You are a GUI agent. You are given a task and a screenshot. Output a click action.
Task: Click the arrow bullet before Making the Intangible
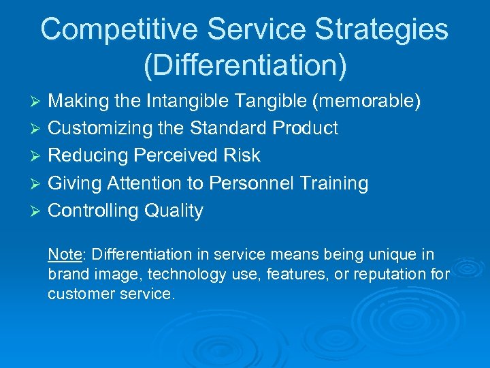point(38,102)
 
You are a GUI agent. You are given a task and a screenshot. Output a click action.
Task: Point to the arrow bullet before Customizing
point(38,129)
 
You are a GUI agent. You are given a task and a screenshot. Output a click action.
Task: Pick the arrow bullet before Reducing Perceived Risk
point(38,157)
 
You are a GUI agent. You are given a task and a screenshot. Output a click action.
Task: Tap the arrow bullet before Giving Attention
point(38,184)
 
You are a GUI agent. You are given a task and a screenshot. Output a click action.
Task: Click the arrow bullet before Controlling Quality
point(38,211)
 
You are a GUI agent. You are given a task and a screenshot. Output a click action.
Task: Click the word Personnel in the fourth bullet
point(252,183)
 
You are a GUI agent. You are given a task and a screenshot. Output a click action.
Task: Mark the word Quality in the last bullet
point(174,211)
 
